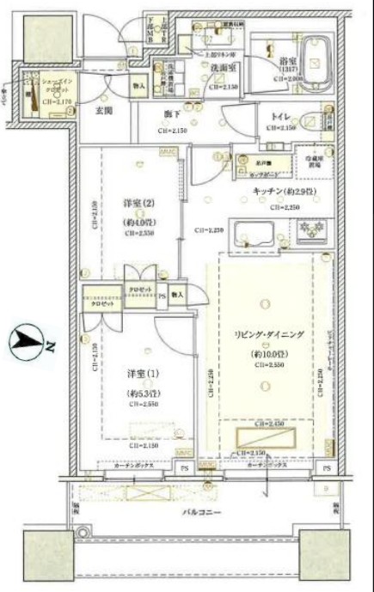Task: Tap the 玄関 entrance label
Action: pos(105,111)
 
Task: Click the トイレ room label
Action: pos(282,115)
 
